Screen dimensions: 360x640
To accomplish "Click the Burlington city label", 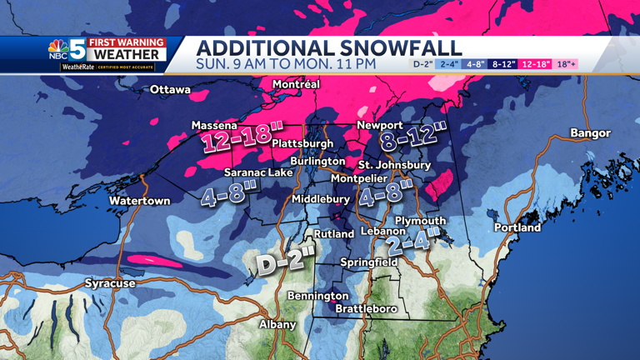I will click(x=317, y=161).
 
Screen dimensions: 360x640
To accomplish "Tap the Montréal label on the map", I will click(x=296, y=84).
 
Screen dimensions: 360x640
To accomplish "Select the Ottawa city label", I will click(x=170, y=89).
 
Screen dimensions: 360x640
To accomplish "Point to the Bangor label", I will click(x=590, y=133).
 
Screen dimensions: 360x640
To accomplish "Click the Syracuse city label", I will click(x=110, y=283).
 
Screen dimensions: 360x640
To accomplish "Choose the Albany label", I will click(x=277, y=324).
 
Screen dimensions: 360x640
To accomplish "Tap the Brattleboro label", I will click(x=366, y=309).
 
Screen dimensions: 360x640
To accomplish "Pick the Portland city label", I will click(x=517, y=227).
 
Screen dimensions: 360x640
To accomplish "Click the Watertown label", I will click(x=139, y=201).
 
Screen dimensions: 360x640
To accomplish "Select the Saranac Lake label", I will click(x=258, y=172).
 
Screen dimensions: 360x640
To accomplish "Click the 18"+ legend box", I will click(x=567, y=64).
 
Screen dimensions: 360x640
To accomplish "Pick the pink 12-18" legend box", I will click(x=535, y=64).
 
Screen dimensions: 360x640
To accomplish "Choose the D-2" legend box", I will click(x=422, y=64).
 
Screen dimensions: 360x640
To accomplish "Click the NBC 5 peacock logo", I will click(x=57, y=50).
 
